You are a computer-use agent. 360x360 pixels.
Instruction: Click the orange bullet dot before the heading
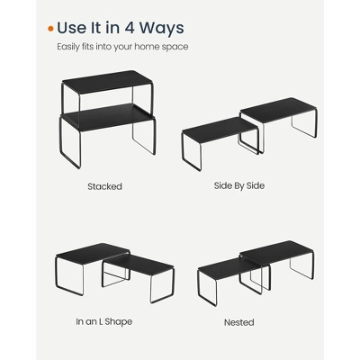50,29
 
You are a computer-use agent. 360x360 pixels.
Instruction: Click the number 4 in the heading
129,28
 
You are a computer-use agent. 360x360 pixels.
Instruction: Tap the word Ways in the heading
161,29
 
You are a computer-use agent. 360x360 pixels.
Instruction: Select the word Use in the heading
71,28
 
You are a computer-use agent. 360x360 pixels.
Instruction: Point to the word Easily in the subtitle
68,47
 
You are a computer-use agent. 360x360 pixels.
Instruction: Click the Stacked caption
104,186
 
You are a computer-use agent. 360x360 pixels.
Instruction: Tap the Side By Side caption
239,185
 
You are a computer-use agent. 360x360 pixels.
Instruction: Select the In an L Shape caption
104,321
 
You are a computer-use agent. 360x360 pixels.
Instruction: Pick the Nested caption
239,322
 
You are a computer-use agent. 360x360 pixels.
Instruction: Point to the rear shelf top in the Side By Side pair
278,110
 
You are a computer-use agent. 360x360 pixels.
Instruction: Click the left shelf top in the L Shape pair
92,254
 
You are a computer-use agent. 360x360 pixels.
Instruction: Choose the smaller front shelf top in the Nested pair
229,268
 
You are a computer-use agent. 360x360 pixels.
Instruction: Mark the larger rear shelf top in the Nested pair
276,253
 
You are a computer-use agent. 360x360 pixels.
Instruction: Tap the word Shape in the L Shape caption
119,322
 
